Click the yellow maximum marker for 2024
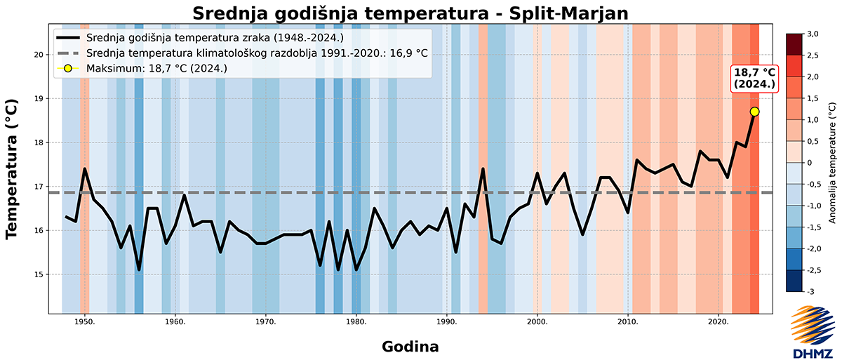tap(754, 112)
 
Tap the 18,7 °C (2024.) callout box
tap(754, 78)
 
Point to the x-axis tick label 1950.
tap(85, 322)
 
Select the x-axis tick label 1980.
tap(356, 322)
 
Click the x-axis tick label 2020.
tap(719, 322)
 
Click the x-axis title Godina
tap(410, 346)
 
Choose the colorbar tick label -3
tap(809, 291)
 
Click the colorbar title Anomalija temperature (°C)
tap(831, 162)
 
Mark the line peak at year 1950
tap(84, 168)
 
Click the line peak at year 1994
tap(483, 168)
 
